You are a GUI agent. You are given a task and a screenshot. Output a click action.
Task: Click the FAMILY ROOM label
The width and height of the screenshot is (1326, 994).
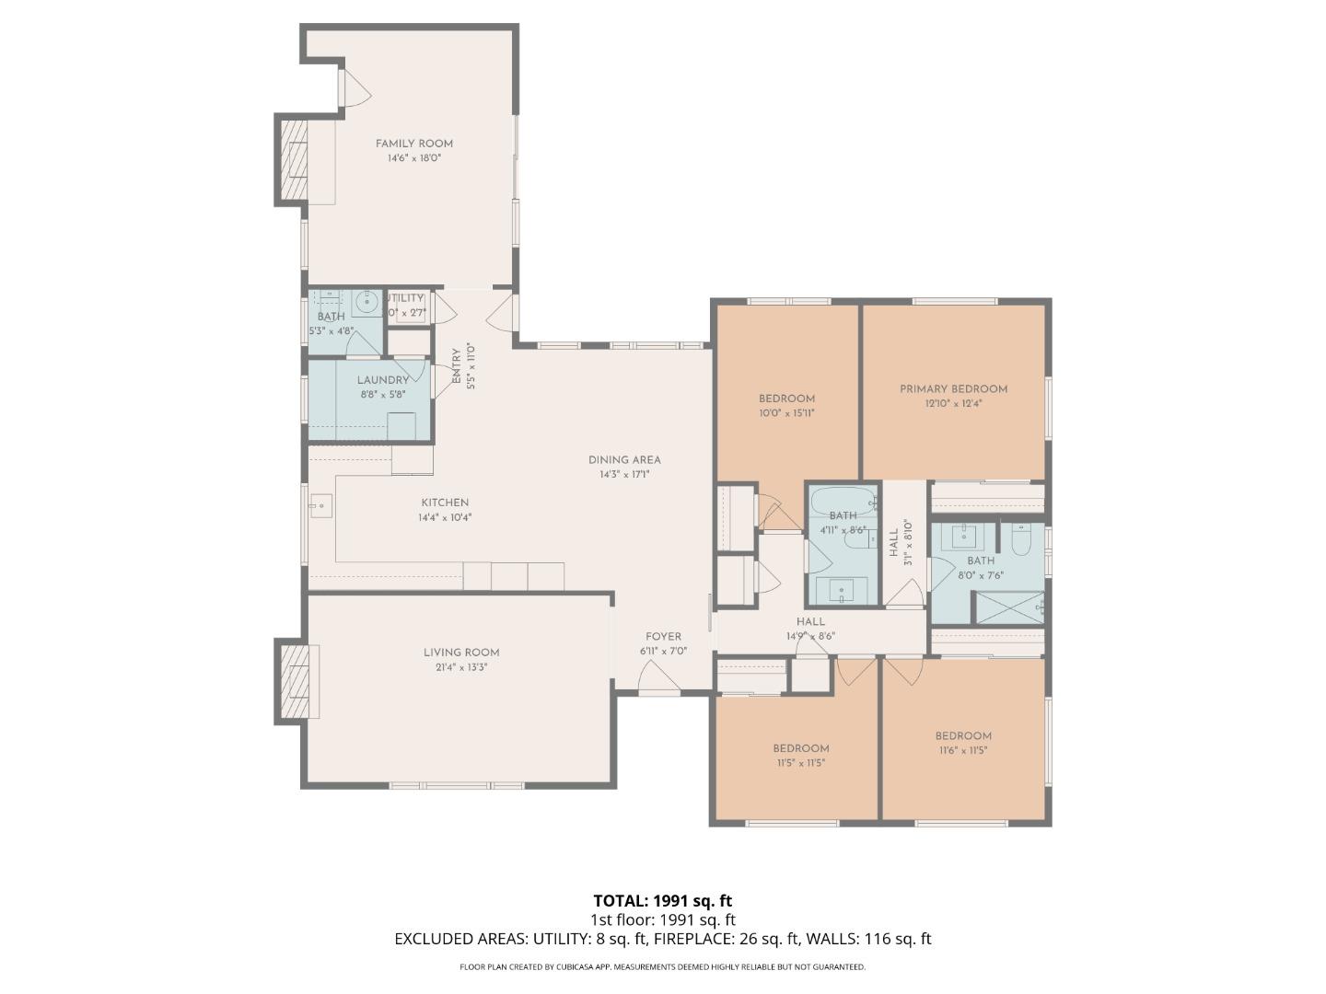pyautogui.click(x=413, y=144)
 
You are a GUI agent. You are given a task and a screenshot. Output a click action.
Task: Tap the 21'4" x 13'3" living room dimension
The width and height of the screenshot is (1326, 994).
pyautogui.click(x=461, y=667)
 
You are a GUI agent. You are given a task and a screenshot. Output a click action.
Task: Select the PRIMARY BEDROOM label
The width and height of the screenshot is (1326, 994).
pyautogui.click(x=953, y=389)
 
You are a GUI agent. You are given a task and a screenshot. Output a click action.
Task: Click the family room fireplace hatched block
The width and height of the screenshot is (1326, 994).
pyautogui.click(x=290, y=159)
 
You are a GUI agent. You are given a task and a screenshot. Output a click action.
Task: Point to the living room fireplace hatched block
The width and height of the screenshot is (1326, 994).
pyautogui.click(x=291, y=682)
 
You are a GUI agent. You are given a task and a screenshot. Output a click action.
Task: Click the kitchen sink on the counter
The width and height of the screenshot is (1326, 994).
pyautogui.click(x=320, y=505)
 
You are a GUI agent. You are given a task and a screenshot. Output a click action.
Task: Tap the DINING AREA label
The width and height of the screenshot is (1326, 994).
pyautogui.click(x=624, y=460)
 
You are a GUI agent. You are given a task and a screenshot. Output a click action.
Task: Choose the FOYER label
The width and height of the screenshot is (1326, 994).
pyautogui.click(x=663, y=637)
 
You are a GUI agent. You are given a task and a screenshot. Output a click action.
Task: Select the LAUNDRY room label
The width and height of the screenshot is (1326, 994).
pyautogui.click(x=382, y=380)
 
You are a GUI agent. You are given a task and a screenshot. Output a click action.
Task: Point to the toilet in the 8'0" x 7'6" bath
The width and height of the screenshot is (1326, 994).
pyautogui.click(x=1019, y=540)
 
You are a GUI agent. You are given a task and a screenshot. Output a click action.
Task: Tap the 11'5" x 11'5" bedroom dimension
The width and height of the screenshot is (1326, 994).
pyautogui.click(x=800, y=763)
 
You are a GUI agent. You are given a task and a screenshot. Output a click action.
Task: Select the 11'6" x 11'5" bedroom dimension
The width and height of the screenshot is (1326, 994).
pyautogui.click(x=963, y=750)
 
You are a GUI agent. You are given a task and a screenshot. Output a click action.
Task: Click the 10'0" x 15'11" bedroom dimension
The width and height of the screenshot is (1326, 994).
pyautogui.click(x=786, y=413)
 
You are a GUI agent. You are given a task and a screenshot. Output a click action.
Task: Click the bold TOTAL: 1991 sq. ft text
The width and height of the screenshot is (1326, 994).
pyautogui.click(x=662, y=901)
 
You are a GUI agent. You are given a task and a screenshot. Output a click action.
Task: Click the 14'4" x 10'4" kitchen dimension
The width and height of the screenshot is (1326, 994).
pyautogui.click(x=445, y=517)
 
